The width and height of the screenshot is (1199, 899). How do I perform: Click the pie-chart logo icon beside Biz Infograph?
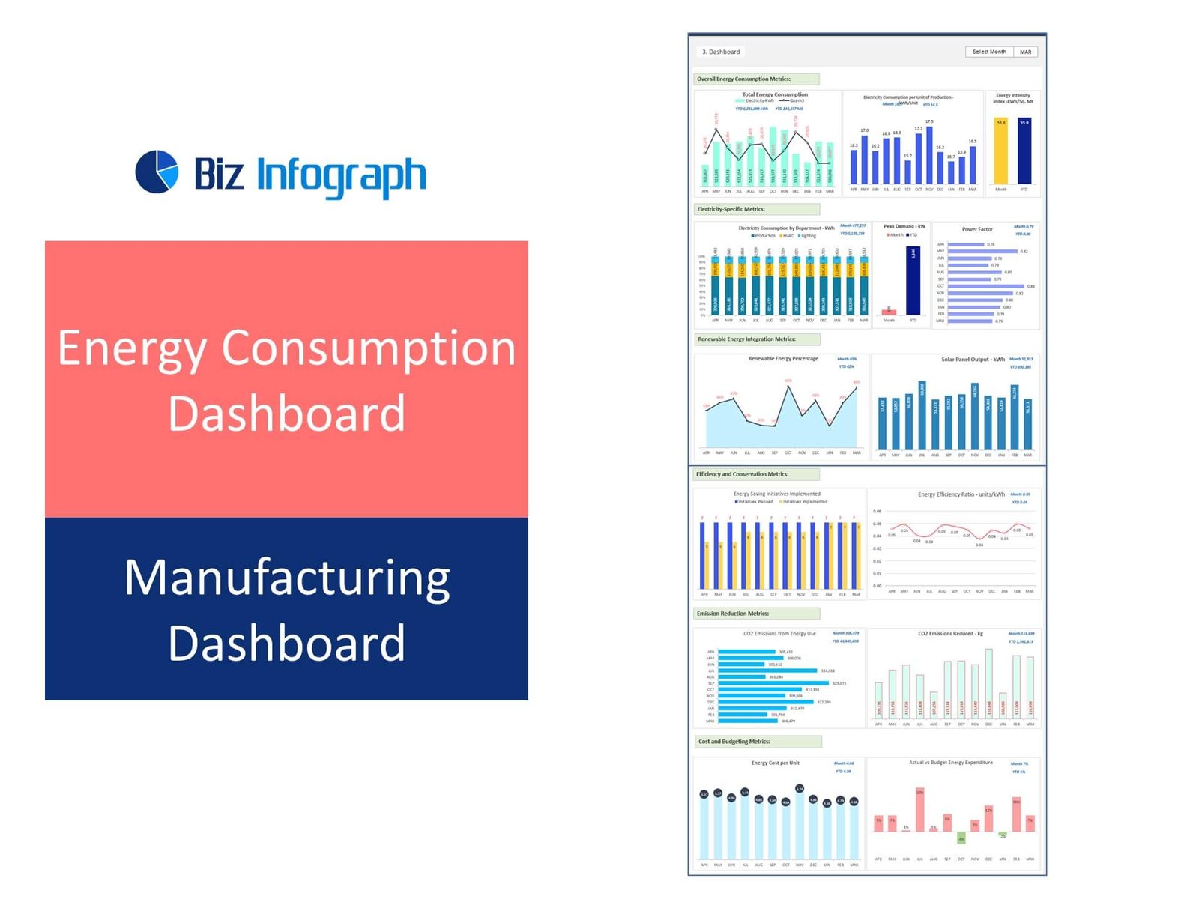tap(157, 172)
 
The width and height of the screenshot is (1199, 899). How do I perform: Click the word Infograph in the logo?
tap(341, 175)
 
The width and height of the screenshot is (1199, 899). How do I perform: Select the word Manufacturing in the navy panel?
tap(287, 578)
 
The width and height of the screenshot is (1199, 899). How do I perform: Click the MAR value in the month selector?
tap(1025, 52)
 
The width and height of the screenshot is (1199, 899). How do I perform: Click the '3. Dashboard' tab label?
tap(721, 52)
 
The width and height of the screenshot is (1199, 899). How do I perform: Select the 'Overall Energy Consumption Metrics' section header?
tap(755, 79)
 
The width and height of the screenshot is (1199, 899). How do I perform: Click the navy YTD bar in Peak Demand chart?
tap(913, 281)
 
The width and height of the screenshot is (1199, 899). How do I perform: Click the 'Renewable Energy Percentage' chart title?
tap(783, 359)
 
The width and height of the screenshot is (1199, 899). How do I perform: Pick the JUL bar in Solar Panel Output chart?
tap(922, 416)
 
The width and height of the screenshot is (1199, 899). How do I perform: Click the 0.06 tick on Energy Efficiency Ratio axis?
tap(878, 512)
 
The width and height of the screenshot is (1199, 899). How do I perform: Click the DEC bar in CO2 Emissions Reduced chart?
tap(989, 685)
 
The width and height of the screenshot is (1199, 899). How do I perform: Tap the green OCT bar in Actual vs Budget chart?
tap(961, 837)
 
